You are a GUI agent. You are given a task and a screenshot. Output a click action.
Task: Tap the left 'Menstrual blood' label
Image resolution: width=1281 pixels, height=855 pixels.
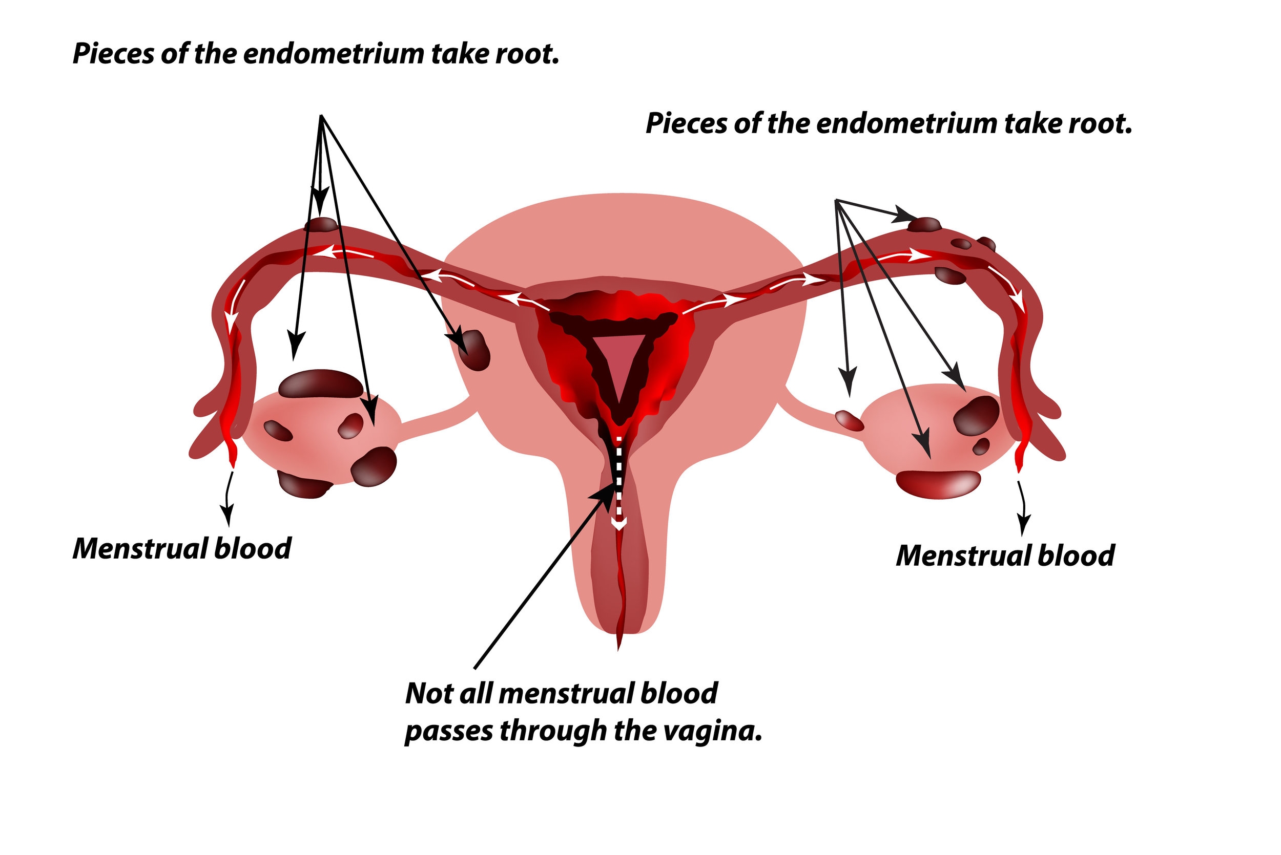182,548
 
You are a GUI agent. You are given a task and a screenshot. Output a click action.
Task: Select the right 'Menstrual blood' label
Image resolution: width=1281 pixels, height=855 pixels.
1005,555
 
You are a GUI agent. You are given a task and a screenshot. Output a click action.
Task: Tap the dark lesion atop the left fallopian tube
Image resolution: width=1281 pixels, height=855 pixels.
321,224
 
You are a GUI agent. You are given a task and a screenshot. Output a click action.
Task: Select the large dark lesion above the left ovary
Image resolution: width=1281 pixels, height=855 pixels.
320,383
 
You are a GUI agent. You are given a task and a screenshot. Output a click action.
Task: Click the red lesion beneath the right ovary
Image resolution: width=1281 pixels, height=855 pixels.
938,484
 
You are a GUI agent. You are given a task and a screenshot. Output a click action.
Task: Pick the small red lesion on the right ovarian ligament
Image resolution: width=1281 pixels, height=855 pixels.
850,420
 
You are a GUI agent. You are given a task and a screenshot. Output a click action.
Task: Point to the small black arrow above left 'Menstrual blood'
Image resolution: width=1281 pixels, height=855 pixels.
228,501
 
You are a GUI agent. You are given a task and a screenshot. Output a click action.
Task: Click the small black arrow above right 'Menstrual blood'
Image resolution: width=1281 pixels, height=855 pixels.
1023,506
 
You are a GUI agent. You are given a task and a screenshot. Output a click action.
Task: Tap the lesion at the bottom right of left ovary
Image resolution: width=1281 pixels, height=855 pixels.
373,466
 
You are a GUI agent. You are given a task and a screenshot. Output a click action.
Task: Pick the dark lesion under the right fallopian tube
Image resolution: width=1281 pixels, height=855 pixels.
950,275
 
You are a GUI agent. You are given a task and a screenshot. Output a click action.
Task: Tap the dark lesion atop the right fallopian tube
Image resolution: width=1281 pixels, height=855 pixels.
925,224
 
